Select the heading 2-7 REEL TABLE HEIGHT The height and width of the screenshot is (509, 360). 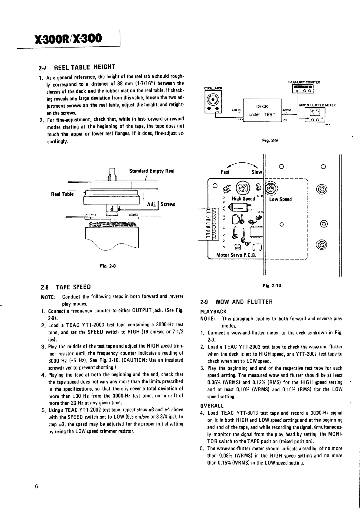pyautogui.click(x=77, y=67)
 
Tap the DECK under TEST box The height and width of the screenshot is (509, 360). pyautogui.click(x=262, y=110)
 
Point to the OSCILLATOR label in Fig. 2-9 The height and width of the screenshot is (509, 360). pyautogui.click(x=213, y=88)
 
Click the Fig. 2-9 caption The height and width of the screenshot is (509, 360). pyautogui.click(x=270, y=140)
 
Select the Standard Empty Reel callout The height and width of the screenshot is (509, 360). pyautogui.click(x=152, y=171)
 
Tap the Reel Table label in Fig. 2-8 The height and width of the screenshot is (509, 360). pyautogui.click(x=62, y=194)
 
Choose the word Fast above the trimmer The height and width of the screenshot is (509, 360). pyautogui.click(x=225, y=172)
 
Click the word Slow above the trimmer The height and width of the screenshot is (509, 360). pyautogui.click(x=257, y=172)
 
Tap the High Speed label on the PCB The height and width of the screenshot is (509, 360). pyautogui.click(x=243, y=199)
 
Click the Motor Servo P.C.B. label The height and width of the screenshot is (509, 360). pyautogui.click(x=236, y=255)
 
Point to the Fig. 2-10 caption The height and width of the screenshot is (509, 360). pyautogui.click(x=272, y=285)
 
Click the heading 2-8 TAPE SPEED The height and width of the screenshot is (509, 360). pyautogui.click(x=65, y=287)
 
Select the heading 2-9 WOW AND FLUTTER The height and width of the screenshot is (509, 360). pyautogui.click(x=237, y=302)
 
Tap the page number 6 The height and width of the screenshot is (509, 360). pyautogui.click(x=37, y=487)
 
